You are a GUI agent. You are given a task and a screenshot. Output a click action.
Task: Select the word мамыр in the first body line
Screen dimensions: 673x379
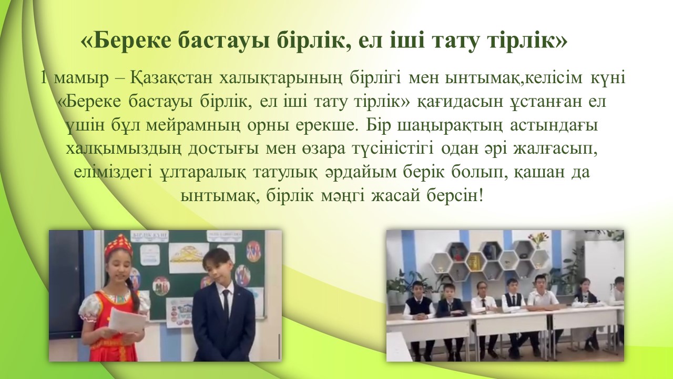[81, 78]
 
